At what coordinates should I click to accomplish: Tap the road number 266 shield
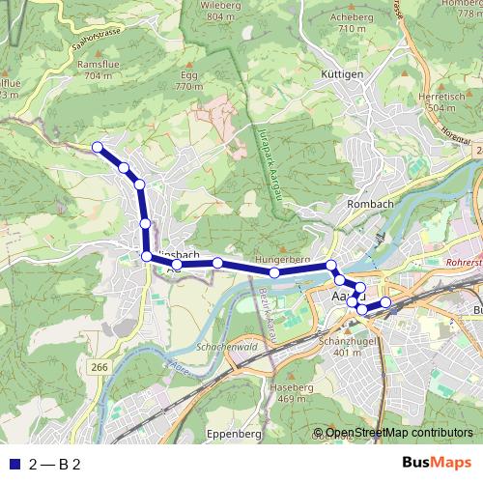click(x=99, y=367)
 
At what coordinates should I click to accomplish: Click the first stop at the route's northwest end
click(x=97, y=147)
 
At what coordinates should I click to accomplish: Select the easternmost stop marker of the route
click(x=385, y=302)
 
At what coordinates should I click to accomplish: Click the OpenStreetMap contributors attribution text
click(x=399, y=433)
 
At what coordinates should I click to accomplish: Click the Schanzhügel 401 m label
click(x=349, y=346)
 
